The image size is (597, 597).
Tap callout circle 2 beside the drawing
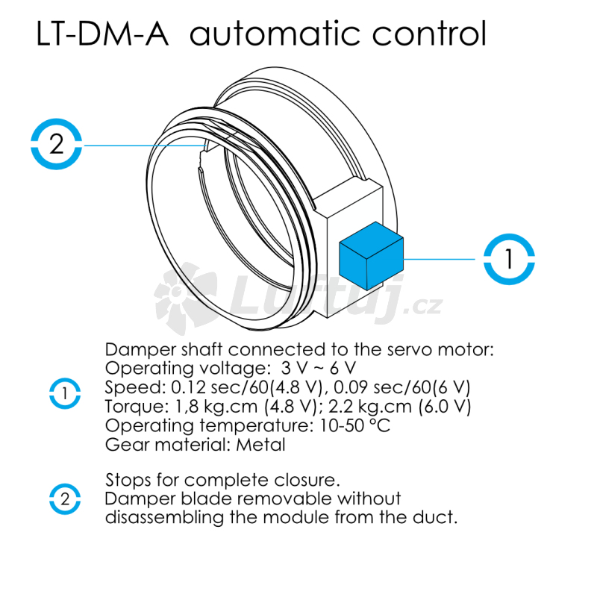coord(56,143)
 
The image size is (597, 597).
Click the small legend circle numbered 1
coord(66,393)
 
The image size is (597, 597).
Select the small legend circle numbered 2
coord(66,498)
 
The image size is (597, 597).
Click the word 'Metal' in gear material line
coord(260,446)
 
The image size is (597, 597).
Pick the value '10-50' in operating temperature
coord(334,426)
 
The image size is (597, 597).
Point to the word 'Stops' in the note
coord(128,479)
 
